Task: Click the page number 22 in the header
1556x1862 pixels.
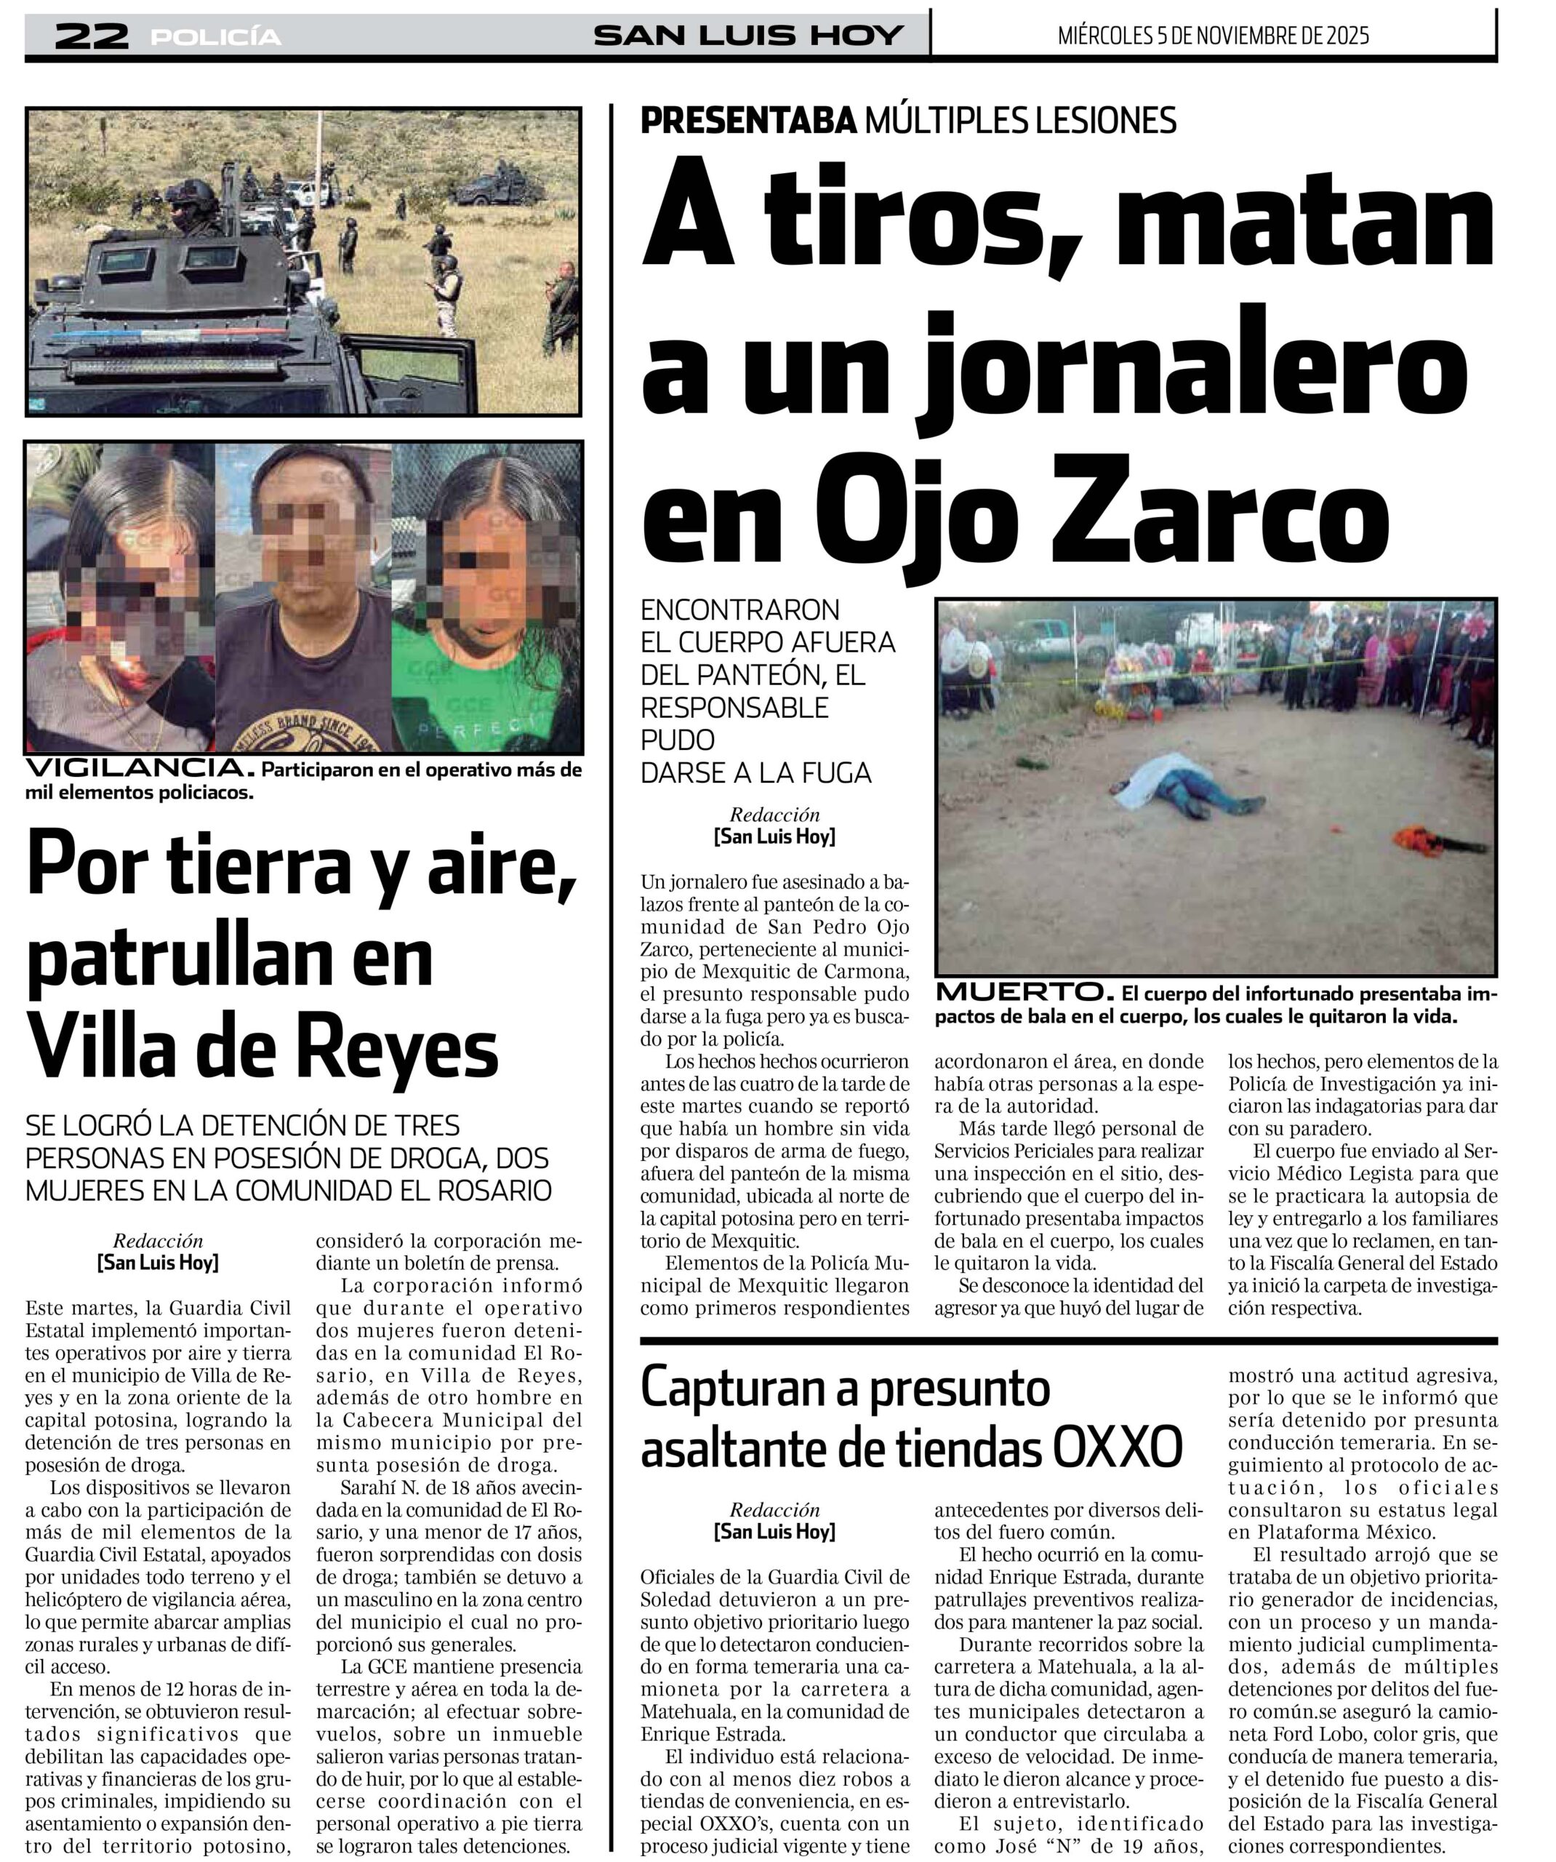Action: (92, 36)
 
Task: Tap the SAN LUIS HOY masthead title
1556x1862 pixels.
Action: (747, 36)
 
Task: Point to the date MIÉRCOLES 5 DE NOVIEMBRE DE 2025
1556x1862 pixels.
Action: (1213, 36)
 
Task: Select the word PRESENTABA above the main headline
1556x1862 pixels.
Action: (748, 120)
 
